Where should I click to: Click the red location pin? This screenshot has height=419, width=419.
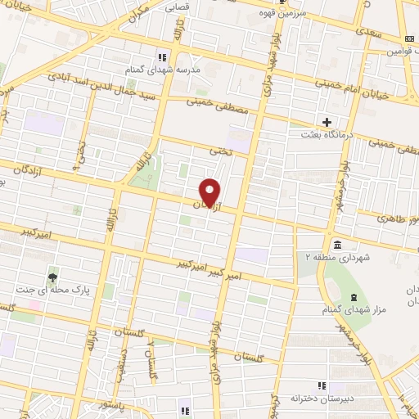coord(211,191)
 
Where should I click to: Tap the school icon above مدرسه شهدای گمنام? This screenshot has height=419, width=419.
coord(161,56)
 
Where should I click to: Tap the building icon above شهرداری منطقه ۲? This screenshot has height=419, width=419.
coord(337,245)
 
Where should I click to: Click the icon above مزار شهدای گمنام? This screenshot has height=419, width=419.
coord(354,297)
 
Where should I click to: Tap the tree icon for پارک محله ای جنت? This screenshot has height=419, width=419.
coord(54,276)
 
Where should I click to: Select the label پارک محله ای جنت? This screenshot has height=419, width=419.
coord(53,290)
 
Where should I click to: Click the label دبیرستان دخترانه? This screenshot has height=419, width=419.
coord(319,398)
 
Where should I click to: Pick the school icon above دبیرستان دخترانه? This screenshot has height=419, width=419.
coord(322,385)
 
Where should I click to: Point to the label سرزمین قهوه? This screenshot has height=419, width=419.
coord(282,14)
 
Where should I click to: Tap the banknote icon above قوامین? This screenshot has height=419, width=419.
coord(410,39)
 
